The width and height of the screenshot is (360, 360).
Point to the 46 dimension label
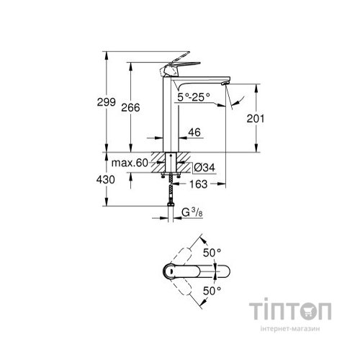pyautogui.click(x=193, y=132)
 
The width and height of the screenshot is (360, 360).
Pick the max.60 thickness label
pyautogui.click(x=130, y=163)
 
